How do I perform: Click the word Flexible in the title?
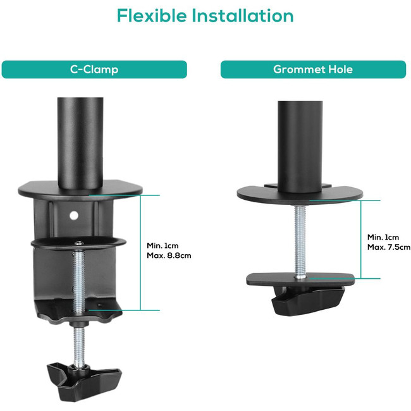click(152, 15)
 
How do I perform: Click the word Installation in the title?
click(243, 15)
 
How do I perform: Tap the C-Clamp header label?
click(94, 70)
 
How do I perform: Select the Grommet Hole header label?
click(313, 69)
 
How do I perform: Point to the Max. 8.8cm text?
click(169, 255)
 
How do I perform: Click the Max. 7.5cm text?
click(389, 247)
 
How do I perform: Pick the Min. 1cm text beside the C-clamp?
click(163, 245)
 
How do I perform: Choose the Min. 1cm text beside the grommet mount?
click(383, 237)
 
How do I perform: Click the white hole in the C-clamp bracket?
click(74, 216)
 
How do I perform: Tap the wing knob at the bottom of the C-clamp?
click(84, 381)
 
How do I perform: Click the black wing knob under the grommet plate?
click(308, 300)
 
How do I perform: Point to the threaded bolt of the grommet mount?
click(300, 242)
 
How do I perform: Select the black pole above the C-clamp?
click(80, 143)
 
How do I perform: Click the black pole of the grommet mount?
click(300, 146)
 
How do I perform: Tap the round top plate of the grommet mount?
click(300, 195)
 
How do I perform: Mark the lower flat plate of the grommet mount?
click(300, 279)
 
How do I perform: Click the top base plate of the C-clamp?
click(80, 190)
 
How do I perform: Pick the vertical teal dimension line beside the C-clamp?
click(140, 253)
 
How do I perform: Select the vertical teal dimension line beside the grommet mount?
click(361, 239)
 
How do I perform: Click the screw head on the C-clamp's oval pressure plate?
click(79, 243)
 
